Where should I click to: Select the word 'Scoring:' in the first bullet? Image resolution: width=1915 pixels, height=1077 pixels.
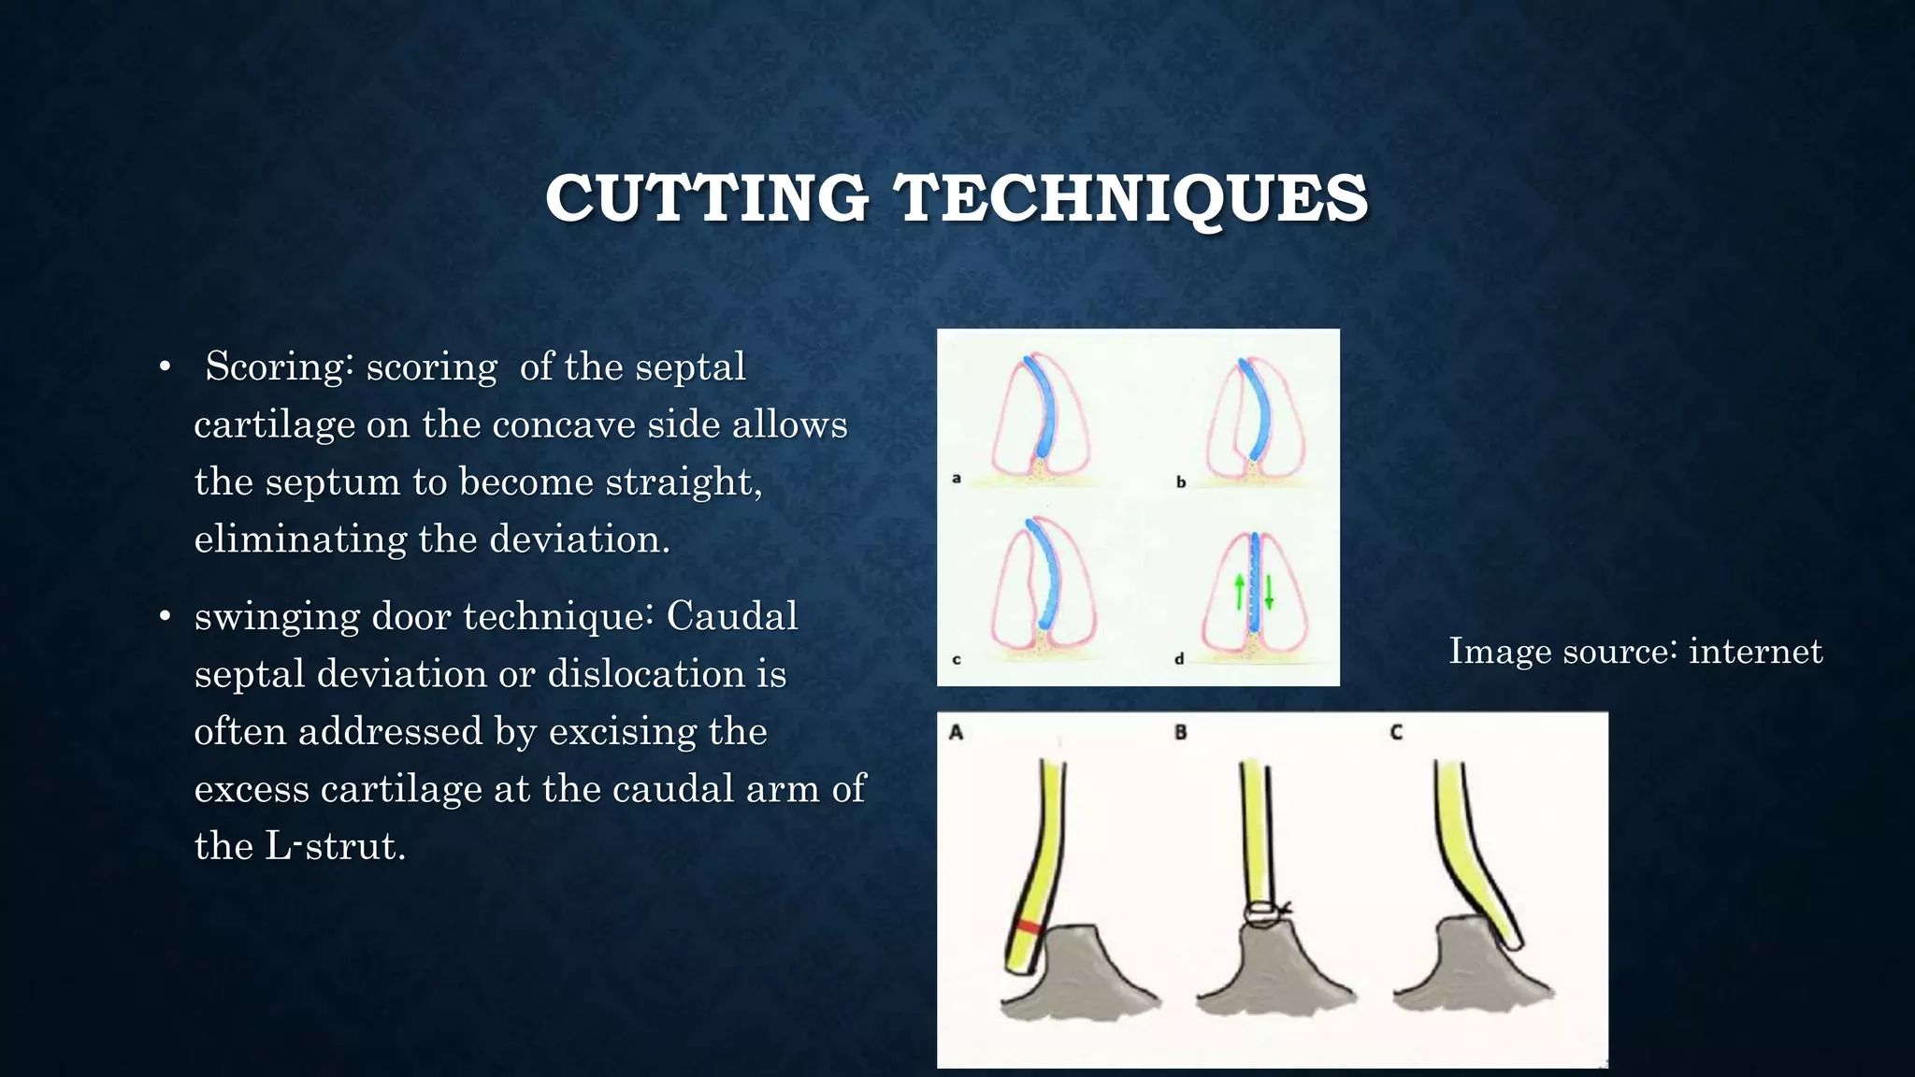pyautogui.click(x=279, y=366)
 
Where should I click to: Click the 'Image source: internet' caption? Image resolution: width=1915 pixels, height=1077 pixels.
pyautogui.click(x=1635, y=651)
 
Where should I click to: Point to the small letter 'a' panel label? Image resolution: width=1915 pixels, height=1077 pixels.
pyautogui.click(x=957, y=479)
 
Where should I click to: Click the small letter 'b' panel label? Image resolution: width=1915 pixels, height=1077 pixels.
pyautogui.click(x=1181, y=482)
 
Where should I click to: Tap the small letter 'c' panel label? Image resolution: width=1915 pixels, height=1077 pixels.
pyautogui.click(x=957, y=660)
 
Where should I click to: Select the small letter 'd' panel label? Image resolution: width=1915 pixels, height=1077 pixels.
pyautogui.click(x=1180, y=659)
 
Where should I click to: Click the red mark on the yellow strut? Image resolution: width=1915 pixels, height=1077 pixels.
pyautogui.click(x=1029, y=927)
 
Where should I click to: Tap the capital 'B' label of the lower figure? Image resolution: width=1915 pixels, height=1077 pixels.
pyautogui.click(x=1181, y=732)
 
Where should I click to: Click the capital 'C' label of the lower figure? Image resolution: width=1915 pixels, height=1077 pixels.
pyautogui.click(x=1396, y=732)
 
